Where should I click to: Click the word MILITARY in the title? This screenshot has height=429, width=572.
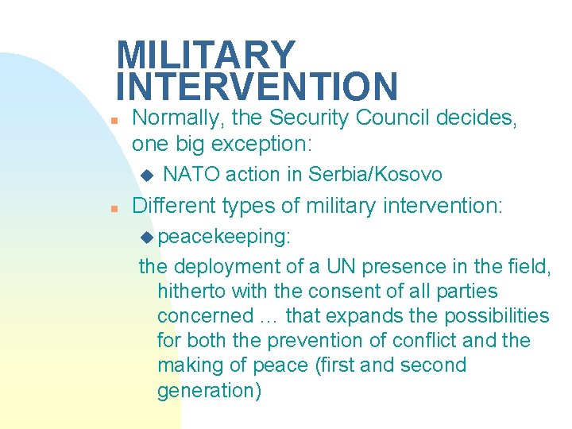(x=206, y=56)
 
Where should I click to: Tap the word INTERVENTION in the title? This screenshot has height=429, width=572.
(x=257, y=87)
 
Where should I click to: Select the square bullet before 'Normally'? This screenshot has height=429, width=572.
(x=114, y=122)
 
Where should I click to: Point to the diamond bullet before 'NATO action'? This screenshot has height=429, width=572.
(x=145, y=174)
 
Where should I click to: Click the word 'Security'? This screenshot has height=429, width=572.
(x=311, y=118)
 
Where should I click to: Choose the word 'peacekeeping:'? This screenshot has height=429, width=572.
(x=225, y=238)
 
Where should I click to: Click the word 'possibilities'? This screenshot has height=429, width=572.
(x=497, y=316)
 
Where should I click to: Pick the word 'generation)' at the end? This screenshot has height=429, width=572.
(x=209, y=391)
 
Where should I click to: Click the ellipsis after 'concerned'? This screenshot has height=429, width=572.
(x=268, y=316)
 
